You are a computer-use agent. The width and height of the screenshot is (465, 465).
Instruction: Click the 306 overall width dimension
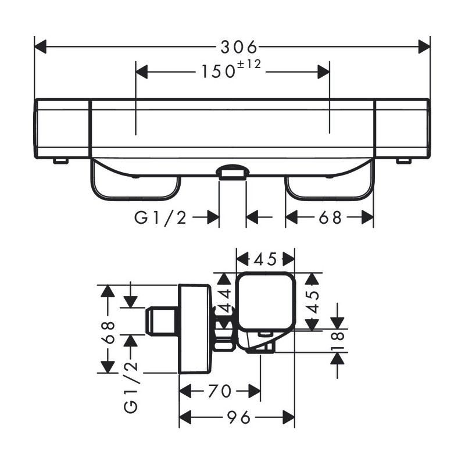pyautogui.click(x=239, y=47)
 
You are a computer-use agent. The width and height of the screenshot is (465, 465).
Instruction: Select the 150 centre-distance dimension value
pyautogui.click(x=219, y=71)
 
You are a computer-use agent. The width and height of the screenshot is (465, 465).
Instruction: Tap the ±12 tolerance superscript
pyautogui.click(x=249, y=65)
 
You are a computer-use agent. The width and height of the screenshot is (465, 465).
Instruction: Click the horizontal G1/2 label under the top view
pyautogui.click(x=160, y=217)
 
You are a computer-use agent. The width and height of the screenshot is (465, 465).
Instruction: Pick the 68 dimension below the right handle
pyautogui.click(x=330, y=217)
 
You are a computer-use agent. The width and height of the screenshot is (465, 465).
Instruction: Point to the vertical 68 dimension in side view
pyautogui.click(x=108, y=332)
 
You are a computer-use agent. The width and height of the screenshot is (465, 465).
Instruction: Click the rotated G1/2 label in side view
pyautogui.click(x=131, y=387)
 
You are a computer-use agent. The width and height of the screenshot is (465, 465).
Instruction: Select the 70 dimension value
pyautogui.click(x=220, y=391)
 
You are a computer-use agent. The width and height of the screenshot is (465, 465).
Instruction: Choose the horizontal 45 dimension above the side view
pyautogui.click(x=265, y=259)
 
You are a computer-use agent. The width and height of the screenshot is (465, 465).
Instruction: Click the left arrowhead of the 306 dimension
pyautogui.click(x=40, y=47)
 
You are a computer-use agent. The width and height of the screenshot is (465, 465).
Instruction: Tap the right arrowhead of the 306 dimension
pyautogui.click(x=424, y=47)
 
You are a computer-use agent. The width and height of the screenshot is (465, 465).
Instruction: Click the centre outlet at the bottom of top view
pyautogui.click(x=233, y=172)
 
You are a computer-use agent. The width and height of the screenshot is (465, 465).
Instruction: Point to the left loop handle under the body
pyautogui.click(x=135, y=180)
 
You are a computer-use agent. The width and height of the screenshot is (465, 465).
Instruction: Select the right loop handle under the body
pyautogui.click(x=330, y=180)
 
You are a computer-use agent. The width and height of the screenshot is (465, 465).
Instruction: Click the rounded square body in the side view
pyautogui.click(x=266, y=301)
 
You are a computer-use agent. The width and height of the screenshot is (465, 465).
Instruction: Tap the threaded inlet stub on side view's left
pyautogui.click(x=161, y=321)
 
